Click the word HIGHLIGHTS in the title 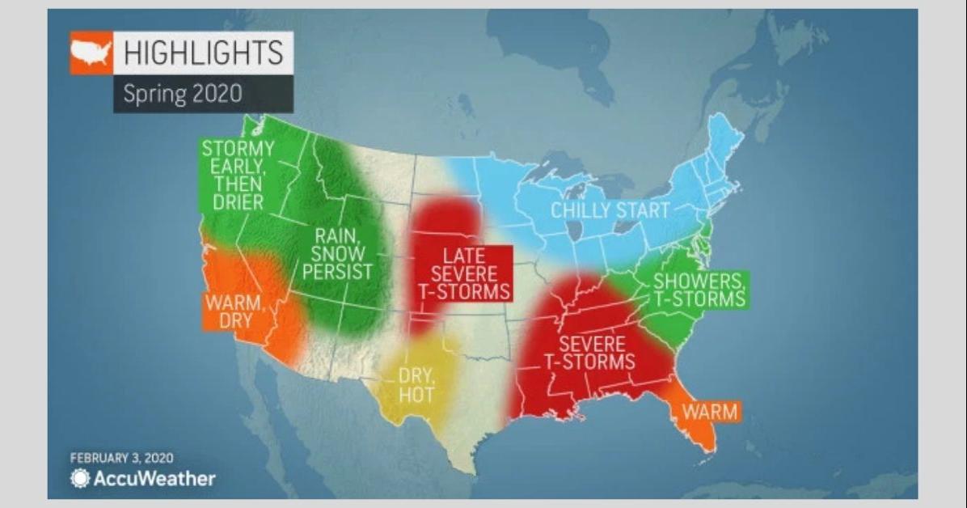click(203, 53)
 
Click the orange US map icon click(91, 53)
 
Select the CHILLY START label click(610, 211)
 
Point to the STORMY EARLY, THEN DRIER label click(237, 175)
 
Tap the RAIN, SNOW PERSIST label click(338, 253)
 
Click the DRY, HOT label click(416, 385)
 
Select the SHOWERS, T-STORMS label click(698, 290)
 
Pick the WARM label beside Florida click(710, 412)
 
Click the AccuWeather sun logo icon click(80, 478)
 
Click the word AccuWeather click(154, 478)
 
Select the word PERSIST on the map click(338, 271)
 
